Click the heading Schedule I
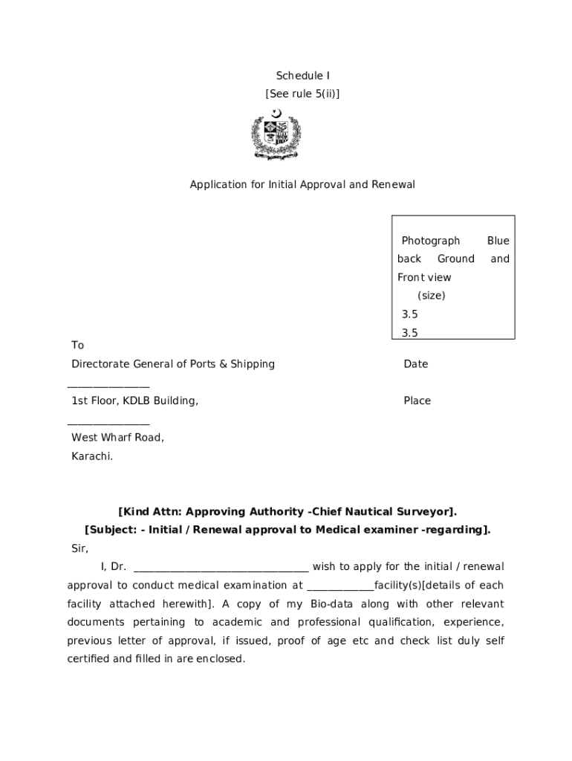point(302,76)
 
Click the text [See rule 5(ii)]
point(302,94)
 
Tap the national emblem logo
point(276,135)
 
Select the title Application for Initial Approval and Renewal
point(302,184)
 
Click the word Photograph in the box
point(431,241)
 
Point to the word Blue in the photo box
point(498,241)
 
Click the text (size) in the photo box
point(431,295)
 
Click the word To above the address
point(78,346)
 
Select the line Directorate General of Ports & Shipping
point(173,364)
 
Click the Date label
point(416,364)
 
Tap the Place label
point(417,401)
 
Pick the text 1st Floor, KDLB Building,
point(134,401)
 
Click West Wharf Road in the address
point(117,438)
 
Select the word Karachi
point(92,456)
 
